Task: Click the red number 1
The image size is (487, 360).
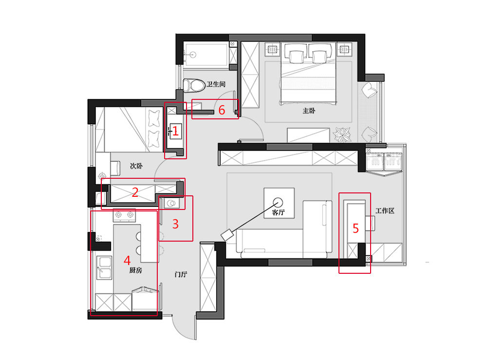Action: pos(175,131)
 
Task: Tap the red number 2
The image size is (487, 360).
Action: pos(135,192)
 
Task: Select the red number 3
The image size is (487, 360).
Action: pos(175,224)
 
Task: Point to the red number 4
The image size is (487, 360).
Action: pos(127,260)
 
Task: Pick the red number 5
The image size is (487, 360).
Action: pos(356,228)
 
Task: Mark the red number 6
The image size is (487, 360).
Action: pos(222,110)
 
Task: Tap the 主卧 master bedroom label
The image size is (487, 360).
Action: pos(309,111)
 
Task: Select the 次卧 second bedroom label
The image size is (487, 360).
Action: pos(136,166)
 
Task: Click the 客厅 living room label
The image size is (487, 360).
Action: pos(278,212)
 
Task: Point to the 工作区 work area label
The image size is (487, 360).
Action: pos(385,211)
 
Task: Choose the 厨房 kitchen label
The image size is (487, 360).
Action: pos(136,270)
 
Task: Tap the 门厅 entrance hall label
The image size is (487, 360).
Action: pos(181,274)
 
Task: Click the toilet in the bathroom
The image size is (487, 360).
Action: pos(193,85)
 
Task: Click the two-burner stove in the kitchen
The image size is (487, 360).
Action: pos(124,215)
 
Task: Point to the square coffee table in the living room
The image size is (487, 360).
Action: pos(279,203)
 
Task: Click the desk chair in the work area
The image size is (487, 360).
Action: pos(370,224)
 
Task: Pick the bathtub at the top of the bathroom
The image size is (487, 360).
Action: pos(206,55)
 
